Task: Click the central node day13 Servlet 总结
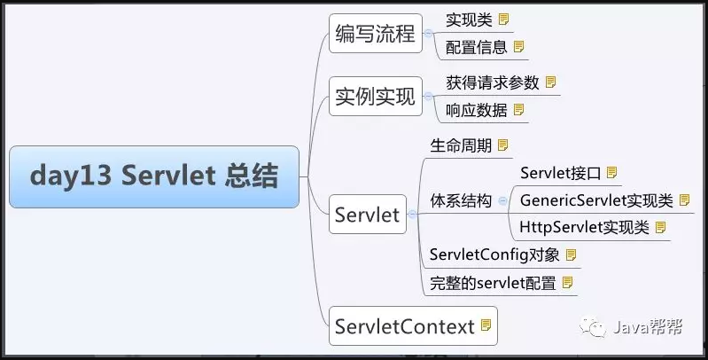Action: coord(154,176)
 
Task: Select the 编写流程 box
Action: coord(376,34)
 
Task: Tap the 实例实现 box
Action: coord(376,97)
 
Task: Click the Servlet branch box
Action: coord(368,215)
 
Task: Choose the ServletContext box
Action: coord(413,326)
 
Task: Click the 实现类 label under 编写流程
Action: coord(469,20)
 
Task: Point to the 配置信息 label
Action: coord(477,47)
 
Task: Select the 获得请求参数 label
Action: coord(493,82)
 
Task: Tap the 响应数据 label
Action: coord(477,110)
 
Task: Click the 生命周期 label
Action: coord(461,146)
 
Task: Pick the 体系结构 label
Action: coord(461,200)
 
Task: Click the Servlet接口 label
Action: coord(560,173)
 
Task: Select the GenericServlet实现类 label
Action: coord(596,200)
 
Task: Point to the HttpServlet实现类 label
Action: coord(584,227)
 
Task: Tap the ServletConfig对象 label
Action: coord(494,254)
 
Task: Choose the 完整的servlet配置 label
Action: coord(493,283)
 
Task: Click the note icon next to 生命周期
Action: coord(502,145)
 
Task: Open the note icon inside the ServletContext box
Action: coord(486,325)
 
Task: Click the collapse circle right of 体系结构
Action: coord(502,201)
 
